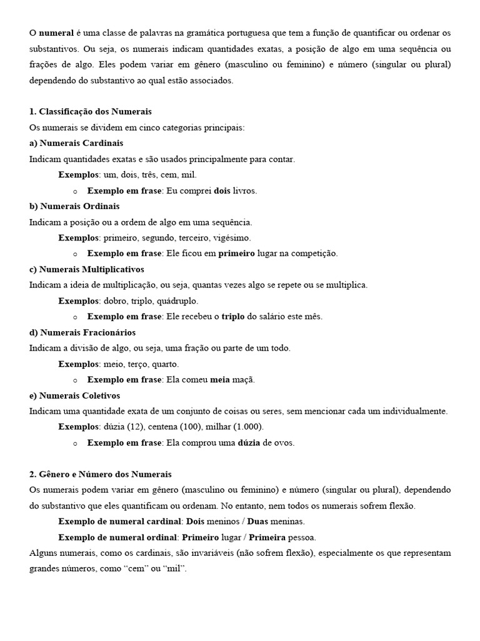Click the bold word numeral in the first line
(x=56, y=33)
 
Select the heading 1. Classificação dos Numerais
(x=91, y=111)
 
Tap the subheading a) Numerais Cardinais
(x=76, y=143)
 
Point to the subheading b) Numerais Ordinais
(x=74, y=206)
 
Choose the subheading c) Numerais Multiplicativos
(x=87, y=269)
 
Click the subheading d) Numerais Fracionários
(x=82, y=332)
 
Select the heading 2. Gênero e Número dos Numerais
(x=101, y=474)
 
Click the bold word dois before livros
(x=222, y=190)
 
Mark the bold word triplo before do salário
(x=233, y=317)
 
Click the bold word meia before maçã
(x=220, y=380)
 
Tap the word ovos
(x=284, y=443)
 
